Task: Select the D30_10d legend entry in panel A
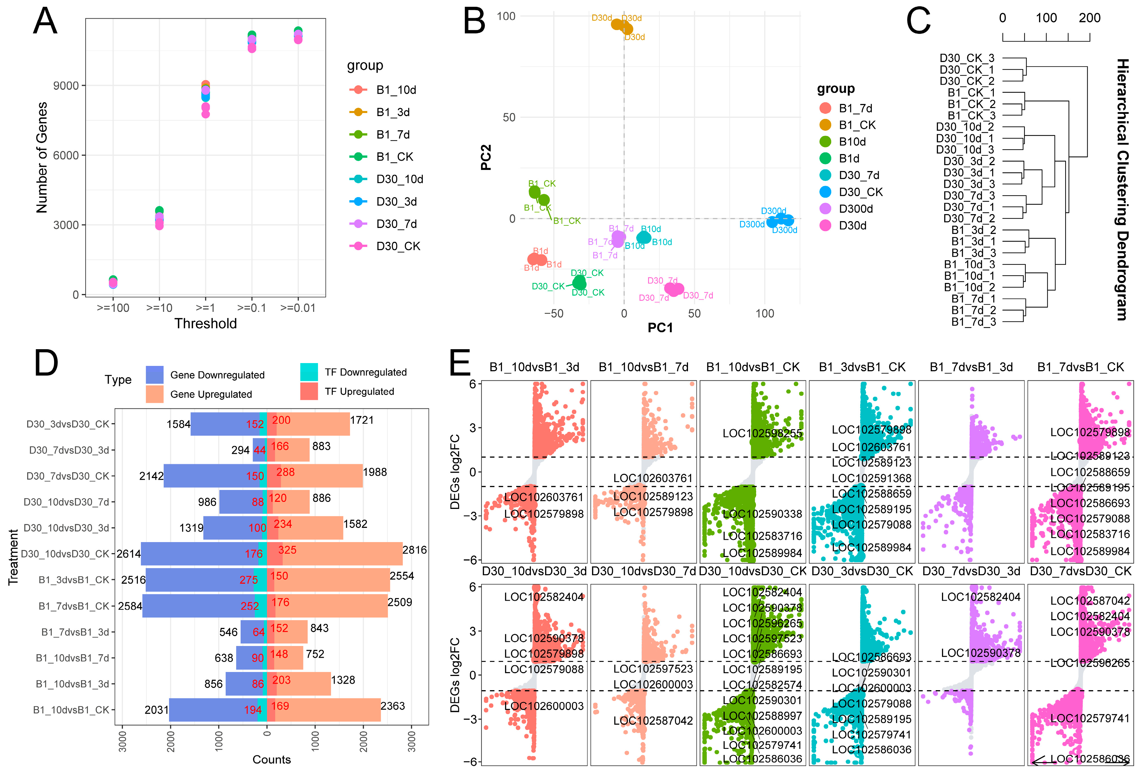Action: (399, 179)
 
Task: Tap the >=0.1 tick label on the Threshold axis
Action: (251, 308)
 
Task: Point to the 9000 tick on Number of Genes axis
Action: (66, 86)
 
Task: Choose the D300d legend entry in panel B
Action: (855, 209)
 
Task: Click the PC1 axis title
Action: (660, 328)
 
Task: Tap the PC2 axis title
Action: (486, 157)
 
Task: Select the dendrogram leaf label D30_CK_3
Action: (967, 58)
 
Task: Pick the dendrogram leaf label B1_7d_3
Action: (973, 322)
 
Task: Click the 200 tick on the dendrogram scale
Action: (1089, 18)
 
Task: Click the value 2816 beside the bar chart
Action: (414, 550)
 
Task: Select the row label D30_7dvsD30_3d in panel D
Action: (69, 450)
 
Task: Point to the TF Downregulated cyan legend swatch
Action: (309, 372)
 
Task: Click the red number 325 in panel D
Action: (287, 550)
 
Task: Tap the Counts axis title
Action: (272, 760)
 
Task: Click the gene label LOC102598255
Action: (762, 434)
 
